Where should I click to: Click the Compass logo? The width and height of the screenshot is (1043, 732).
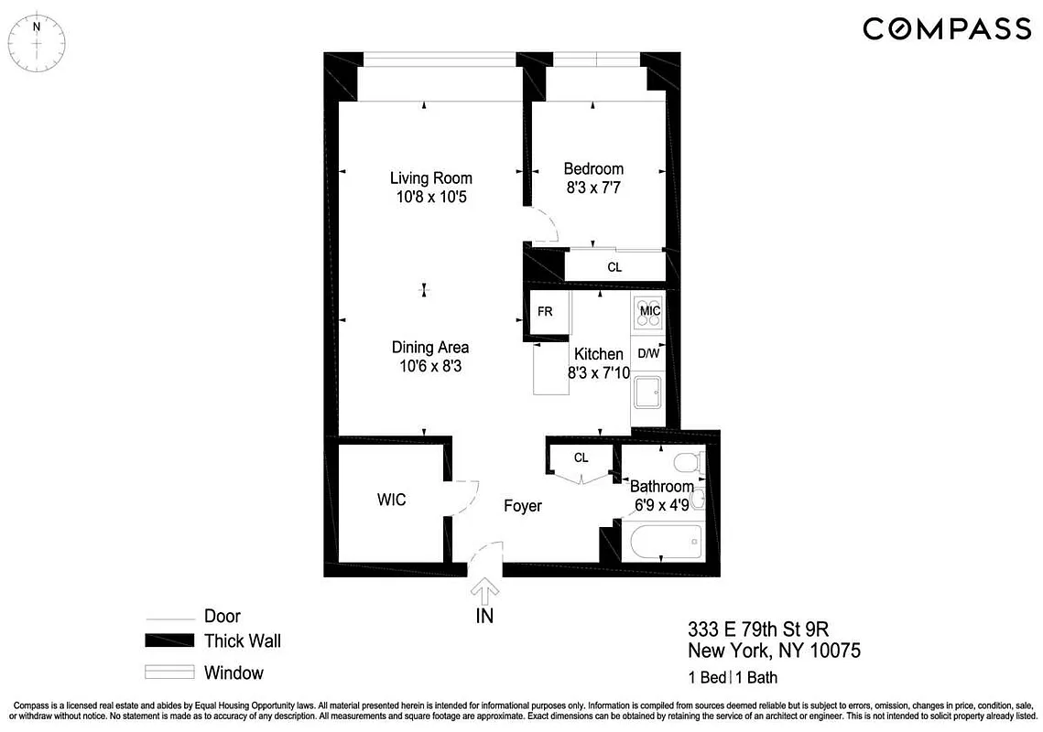(947, 29)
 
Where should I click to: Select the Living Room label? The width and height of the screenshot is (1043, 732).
(430, 178)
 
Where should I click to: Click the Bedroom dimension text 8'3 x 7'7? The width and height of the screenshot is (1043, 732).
(593, 188)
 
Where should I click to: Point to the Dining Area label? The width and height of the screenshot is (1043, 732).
(430, 347)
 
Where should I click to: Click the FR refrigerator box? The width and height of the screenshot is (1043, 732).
(545, 312)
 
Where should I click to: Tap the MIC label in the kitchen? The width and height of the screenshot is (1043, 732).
(650, 311)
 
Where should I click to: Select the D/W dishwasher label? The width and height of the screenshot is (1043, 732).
(648, 353)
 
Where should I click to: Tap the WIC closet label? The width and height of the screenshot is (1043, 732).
(391, 501)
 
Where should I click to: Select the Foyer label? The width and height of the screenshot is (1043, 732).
(523, 506)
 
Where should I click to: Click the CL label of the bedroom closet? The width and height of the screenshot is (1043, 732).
(614, 268)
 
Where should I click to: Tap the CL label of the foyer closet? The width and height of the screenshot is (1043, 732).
(581, 457)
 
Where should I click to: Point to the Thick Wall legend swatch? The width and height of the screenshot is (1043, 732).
(169, 640)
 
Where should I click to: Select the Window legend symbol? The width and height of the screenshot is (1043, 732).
(169, 673)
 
